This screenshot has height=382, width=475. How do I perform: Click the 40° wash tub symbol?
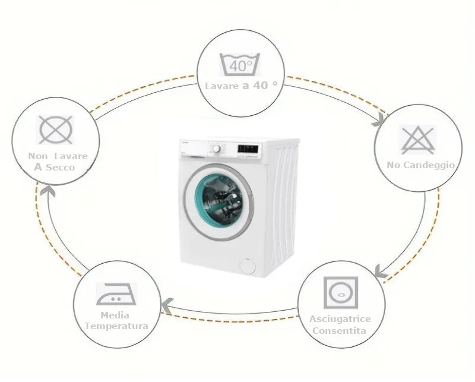point(240,64)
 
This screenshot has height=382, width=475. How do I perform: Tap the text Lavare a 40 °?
point(241,86)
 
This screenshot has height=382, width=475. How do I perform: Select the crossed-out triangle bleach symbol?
point(418,140)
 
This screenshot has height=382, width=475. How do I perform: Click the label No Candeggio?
point(421,165)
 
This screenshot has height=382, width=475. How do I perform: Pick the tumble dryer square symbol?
point(341,292)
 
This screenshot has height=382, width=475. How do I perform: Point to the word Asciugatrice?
point(340,319)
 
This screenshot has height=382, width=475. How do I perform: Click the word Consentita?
point(339,330)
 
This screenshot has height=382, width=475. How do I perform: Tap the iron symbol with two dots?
point(116,294)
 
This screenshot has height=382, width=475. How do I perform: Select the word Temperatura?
point(116,326)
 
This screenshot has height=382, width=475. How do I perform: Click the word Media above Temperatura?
point(115,315)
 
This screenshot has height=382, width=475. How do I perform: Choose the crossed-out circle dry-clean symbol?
point(56,130)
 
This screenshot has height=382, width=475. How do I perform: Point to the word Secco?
point(60,168)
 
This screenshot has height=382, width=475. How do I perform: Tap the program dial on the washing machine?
point(216,149)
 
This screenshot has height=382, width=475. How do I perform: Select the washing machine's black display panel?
point(248,149)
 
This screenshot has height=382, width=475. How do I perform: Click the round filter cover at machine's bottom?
point(247,266)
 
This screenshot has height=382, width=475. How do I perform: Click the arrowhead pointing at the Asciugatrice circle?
point(381,271)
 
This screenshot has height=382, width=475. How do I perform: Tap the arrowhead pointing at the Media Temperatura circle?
point(167,305)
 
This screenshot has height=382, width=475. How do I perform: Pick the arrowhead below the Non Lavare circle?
point(48,191)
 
